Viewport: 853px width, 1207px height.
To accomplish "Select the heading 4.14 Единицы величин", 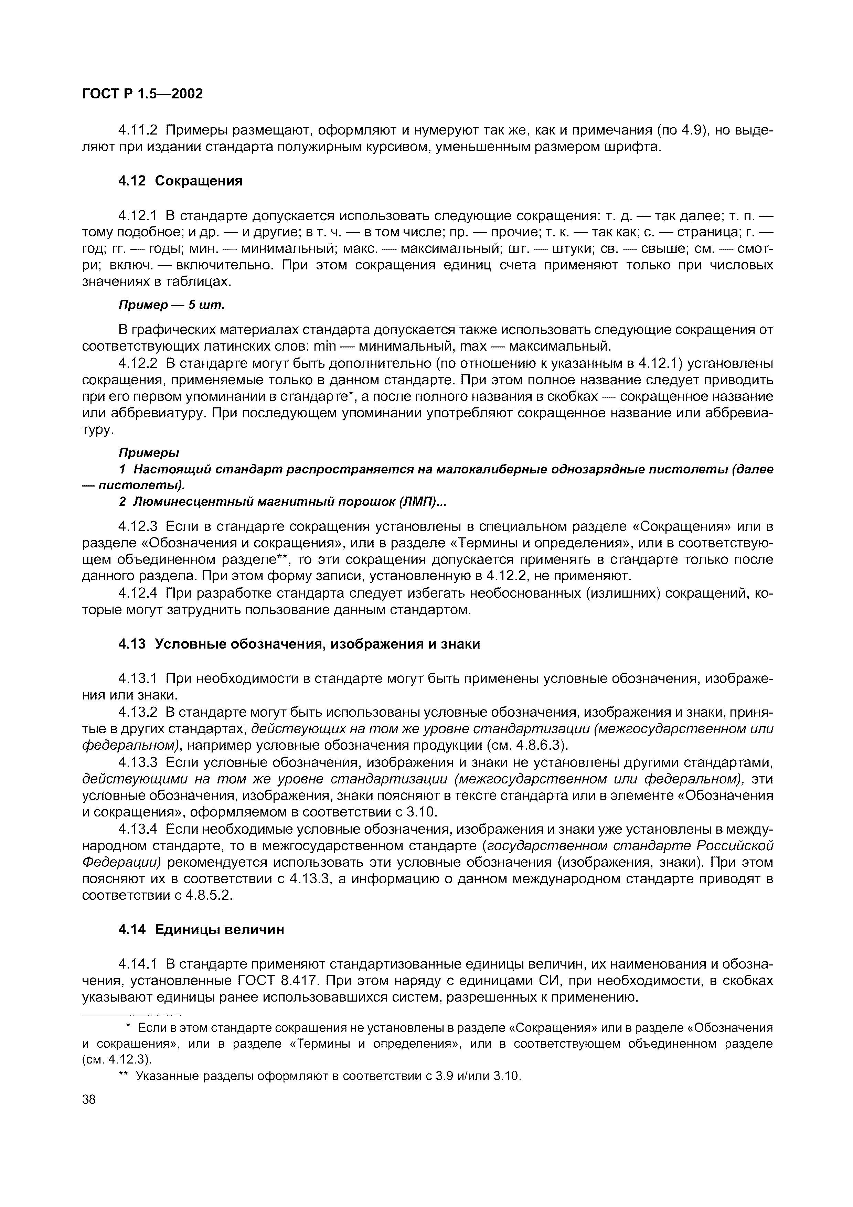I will click(x=201, y=929).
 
